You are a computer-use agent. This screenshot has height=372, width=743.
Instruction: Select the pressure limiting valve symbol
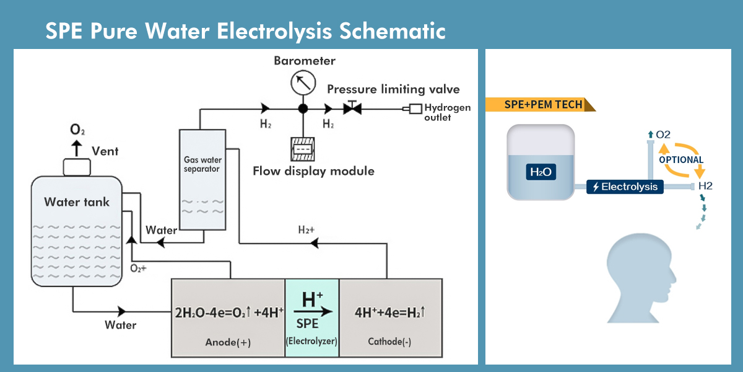coord(353,108)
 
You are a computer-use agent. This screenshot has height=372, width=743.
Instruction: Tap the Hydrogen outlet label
coord(447,112)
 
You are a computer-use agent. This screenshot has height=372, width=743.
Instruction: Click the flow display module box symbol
coord(303,149)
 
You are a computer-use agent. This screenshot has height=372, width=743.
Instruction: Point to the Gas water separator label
coord(202,164)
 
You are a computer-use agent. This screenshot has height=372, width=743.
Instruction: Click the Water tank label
coord(77,202)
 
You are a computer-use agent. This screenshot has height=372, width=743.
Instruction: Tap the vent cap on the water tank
coord(77,167)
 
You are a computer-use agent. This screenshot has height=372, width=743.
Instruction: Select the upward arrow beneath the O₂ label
coord(77,148)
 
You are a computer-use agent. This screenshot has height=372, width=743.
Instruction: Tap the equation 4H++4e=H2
coord(390,312)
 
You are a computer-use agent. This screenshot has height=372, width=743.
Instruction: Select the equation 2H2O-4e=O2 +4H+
coord(228,312)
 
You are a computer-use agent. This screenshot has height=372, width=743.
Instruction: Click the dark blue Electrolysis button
coord(625,187)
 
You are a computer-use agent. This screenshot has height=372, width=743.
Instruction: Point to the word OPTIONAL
coord(681,159)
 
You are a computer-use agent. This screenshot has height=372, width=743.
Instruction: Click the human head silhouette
coord(638,279)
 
